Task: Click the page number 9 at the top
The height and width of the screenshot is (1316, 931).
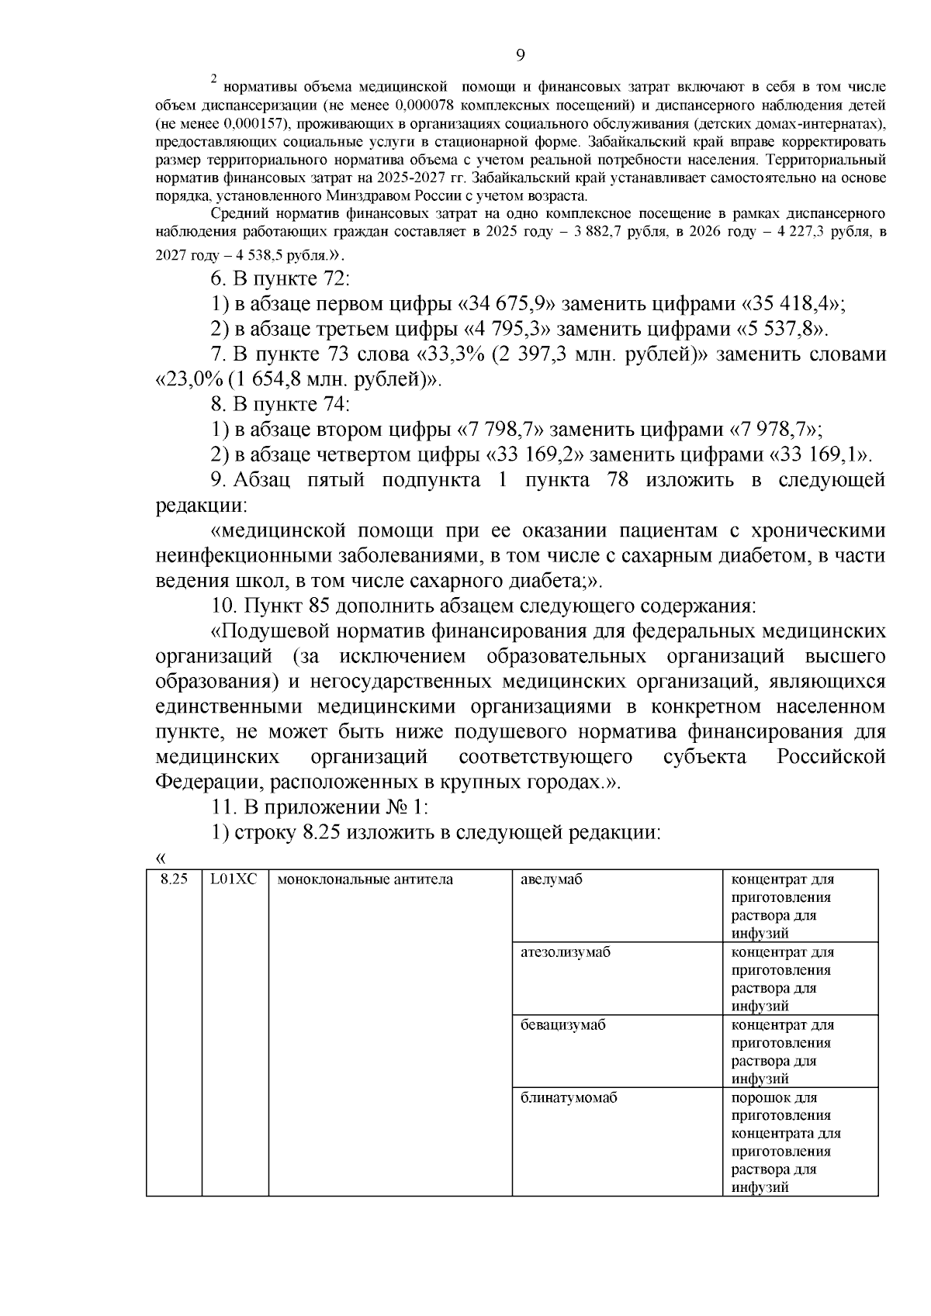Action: pyautogui.click(x=520, y=54)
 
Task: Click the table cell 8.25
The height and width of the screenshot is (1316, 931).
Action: pyautogui.click(x=174, y=880)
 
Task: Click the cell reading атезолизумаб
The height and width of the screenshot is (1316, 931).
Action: pyautogui.click(x=566, y=952)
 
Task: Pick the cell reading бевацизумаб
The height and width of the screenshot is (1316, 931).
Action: pyautogui.click(x=563, y=1025)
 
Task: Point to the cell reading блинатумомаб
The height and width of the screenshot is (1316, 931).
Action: pyautogui.click(x=569, y=1098)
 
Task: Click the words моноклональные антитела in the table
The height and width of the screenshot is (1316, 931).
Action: pyautogui.click(x=365, y=880)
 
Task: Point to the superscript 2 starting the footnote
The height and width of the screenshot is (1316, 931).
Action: pyautogui.click(x=214, y=78)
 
